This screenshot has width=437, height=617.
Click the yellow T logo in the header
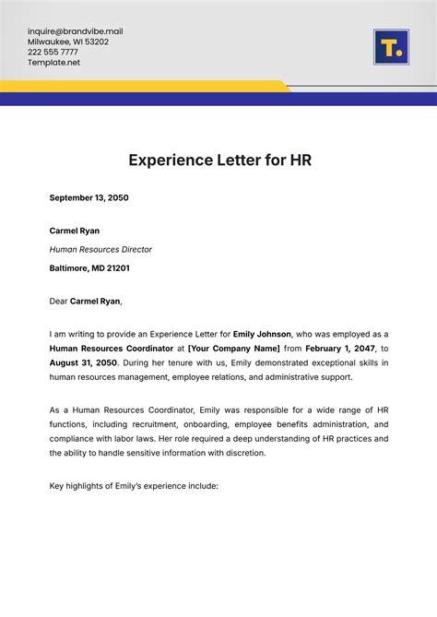[391, 47]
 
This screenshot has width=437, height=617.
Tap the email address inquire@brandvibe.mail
[75, 31]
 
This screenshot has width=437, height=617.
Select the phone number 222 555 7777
[53, 53]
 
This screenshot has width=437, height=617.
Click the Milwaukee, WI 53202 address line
[67, 42]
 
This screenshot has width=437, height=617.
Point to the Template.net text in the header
[53, 63]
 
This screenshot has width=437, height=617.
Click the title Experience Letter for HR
[218, 160]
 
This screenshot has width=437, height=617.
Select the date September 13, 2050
[89, 197]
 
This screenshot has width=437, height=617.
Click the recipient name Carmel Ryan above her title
[74, 231]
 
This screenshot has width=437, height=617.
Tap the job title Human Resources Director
[100, 249]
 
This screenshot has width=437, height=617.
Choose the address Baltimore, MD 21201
[89, 268]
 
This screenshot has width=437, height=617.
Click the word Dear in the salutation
[58, 301]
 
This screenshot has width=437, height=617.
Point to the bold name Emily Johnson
[262, 334]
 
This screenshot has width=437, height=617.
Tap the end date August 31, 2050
[84, 363]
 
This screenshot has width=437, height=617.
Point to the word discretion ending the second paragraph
[242, 453]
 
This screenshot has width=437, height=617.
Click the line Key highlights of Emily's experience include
[134, 485]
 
